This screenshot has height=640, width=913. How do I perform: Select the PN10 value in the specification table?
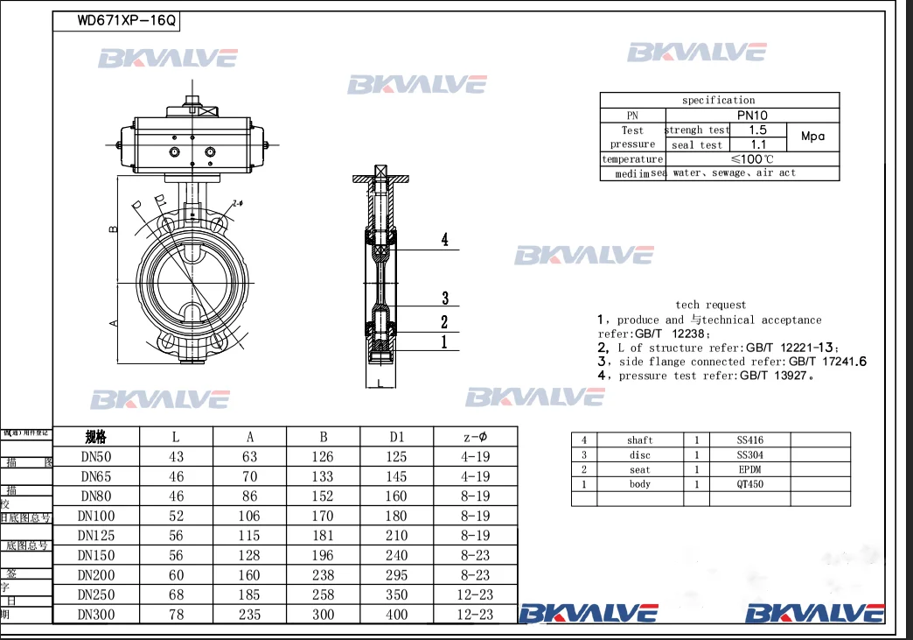pyautogui.click(x=752, y=115)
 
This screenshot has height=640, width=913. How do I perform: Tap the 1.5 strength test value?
pyautogui.click(x=758, y=130)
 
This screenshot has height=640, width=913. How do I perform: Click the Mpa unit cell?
pyautogui.click(x=812, y=137)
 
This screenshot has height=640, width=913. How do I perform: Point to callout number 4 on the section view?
pyautogui.click(x=444, y=240)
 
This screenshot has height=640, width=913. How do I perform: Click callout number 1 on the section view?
pyautogui.click(x=443, y=342)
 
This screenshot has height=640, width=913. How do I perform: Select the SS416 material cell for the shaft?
pyautogui.click(x=749, y=440)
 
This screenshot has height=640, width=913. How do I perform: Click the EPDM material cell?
pyautogui.click(x=749, y=470)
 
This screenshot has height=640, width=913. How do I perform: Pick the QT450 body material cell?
pyautogui.click(x=749, y=484)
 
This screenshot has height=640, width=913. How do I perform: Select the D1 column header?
pyautogui.click(x=396, y=437)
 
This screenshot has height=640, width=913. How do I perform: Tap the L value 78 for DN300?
pyautogui.click(x=177, y=615)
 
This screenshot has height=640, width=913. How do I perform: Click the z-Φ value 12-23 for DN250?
pyautogui.click(x=475, y=595)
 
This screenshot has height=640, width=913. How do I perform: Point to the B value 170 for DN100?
pyautogui.click(x=323, y=517)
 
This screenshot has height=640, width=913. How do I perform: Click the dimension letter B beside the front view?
pyautogui.click(x=113, y=229)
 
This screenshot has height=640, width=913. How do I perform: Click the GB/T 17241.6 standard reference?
pyautogui.click(x=827, y=362)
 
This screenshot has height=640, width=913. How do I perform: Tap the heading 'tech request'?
pyautogui.click(x=710, y=305)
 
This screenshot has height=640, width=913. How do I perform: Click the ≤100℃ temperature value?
pyautogui.click(x=751, y=159)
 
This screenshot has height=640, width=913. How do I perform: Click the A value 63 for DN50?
pyautogui.click(x=249, y=457)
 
